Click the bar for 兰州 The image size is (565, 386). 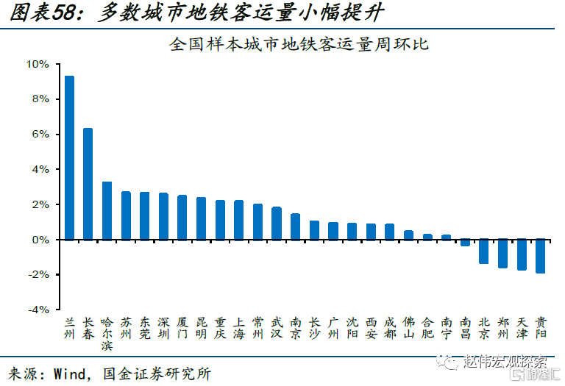69,157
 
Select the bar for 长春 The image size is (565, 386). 88,184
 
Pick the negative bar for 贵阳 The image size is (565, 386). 541,256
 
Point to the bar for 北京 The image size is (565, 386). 484,251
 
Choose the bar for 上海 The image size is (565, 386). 238,220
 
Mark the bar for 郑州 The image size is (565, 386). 503,254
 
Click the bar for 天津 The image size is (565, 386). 522,255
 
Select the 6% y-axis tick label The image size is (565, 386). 40,134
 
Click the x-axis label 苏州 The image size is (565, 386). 126,328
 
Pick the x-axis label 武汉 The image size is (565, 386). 277,328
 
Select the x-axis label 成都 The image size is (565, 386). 390,328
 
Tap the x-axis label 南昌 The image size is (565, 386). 465,328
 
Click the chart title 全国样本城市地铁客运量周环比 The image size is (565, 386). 299,44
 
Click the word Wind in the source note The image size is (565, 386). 68,374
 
